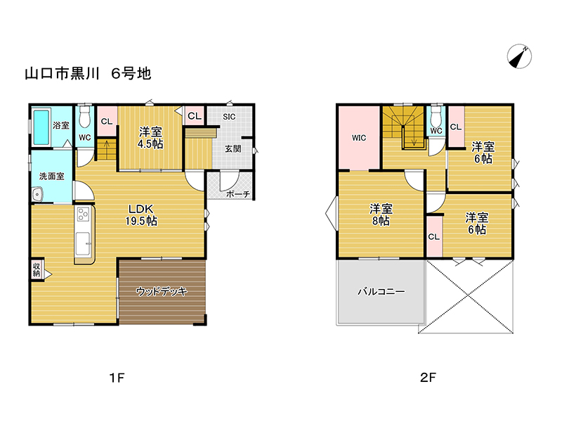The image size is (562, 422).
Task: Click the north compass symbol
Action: coord(519,56)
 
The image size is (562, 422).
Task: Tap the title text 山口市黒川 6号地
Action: coord(89,74)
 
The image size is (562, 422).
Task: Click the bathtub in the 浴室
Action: coord(41,127)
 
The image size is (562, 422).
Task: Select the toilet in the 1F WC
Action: coord(84,115)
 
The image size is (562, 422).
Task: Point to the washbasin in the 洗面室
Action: coord(37,195)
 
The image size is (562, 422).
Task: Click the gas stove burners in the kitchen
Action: coord(84,215)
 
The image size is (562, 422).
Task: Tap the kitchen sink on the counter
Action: coord(83,243)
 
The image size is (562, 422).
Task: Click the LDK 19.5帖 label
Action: coord(141,215)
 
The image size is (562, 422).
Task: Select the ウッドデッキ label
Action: coord(162,291)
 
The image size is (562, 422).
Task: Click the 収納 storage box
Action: coord(37,269)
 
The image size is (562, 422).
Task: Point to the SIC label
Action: coord(229,117)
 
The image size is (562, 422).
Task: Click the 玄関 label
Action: coord(233,148)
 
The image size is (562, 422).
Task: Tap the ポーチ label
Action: coord(238,194)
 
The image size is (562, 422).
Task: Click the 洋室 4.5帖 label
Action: coord(150,138)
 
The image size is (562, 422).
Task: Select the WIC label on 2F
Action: coord(359,138)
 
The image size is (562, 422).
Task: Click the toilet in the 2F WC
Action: coord(436,115)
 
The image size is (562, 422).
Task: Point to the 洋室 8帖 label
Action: coord(381,215)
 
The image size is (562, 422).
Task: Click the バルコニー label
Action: coord(381,291)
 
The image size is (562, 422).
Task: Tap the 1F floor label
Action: coord(117,378)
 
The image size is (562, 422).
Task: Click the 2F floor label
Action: coord(428,378)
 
